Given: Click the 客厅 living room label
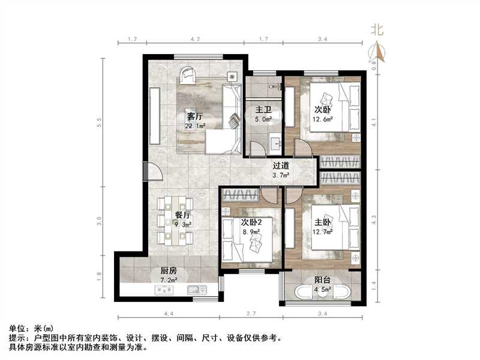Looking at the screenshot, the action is pos(194,116).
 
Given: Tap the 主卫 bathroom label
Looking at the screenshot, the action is pos(263,110).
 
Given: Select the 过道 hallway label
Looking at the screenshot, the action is pos(281,166).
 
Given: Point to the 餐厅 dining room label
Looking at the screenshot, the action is pos(183,215).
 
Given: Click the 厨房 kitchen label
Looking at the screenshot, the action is pos(169,271).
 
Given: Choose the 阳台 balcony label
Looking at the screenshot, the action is pos(323,280).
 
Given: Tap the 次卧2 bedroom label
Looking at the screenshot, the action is pos(251,222).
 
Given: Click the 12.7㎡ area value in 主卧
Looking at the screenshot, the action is pos(323,232).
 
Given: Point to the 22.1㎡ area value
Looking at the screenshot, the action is pos(195,126).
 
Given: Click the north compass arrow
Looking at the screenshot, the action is pos(379,52).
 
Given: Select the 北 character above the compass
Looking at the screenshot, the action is pos(377,29).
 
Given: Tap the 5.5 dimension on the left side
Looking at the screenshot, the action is pos(98,122).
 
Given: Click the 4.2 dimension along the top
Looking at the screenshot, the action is pos(195,39).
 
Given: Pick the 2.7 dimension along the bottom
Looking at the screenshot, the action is pos(251,313).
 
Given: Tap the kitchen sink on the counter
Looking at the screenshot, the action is pos(197,289).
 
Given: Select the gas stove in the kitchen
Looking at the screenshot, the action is pos(164,289).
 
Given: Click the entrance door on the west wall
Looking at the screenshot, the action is pos(152,172).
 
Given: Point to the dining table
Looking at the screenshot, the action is pos(175,221).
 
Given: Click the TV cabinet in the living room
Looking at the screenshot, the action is pos(155,116).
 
